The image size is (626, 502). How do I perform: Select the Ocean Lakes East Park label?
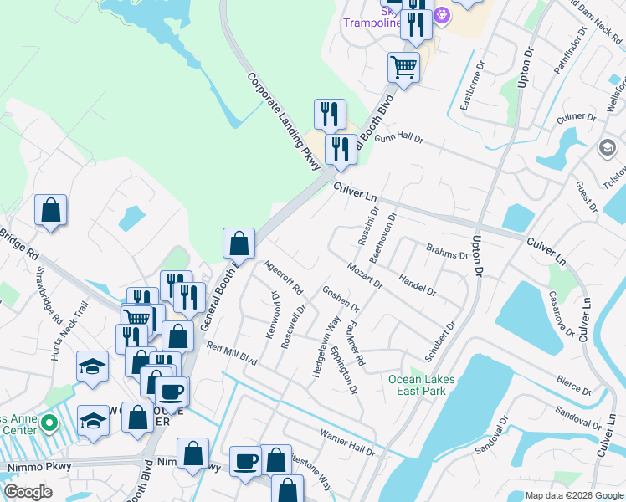[422, 385]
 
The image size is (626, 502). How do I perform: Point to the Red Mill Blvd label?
[231, 353]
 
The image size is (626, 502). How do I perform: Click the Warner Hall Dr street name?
[347, 443]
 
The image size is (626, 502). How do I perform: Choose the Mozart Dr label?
[365, 274]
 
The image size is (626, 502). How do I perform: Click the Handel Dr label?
[418, 284]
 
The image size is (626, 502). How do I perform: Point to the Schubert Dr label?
[440, 341]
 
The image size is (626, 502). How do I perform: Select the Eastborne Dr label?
[473, 85]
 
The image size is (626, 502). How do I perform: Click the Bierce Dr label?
[574, 384]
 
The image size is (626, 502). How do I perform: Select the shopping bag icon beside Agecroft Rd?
[239, 243]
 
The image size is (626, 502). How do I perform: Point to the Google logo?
[28, 492]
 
